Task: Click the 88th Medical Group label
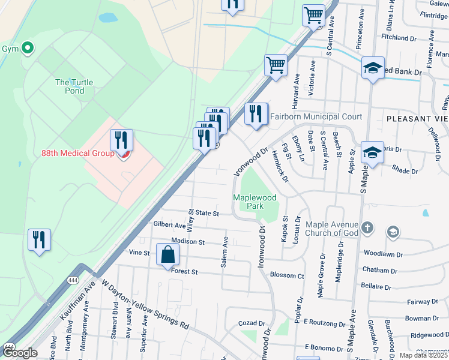(x=77, y=154)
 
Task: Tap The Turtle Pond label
(x=70, y=86)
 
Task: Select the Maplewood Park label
(x=249, y=202)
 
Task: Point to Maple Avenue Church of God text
(x=332, y=229)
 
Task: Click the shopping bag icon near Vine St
(x=167, y=255)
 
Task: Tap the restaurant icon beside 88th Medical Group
(x=122, y=140)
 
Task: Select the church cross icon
(x=368, y=228)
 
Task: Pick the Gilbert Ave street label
(x=169, y=225)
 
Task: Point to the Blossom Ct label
(x=288, y=276)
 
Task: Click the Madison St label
(x=188, y=242)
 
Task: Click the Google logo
(x=20, y=353)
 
